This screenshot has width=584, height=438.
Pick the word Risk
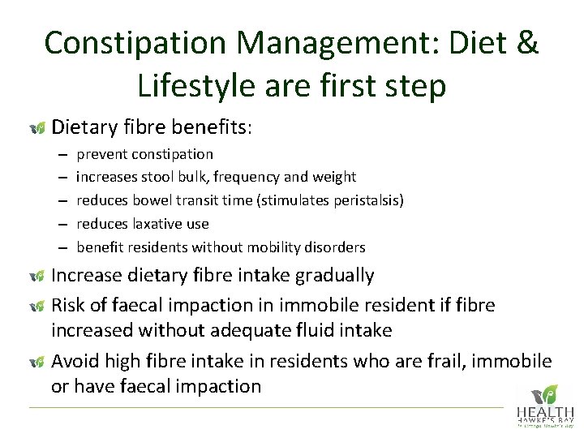pyautogui.click(x=70, y=305)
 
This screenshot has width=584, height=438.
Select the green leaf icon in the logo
pyautogui.click(x=550, y=393)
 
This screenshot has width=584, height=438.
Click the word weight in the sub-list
pyautogui.click(x=335, y=177)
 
